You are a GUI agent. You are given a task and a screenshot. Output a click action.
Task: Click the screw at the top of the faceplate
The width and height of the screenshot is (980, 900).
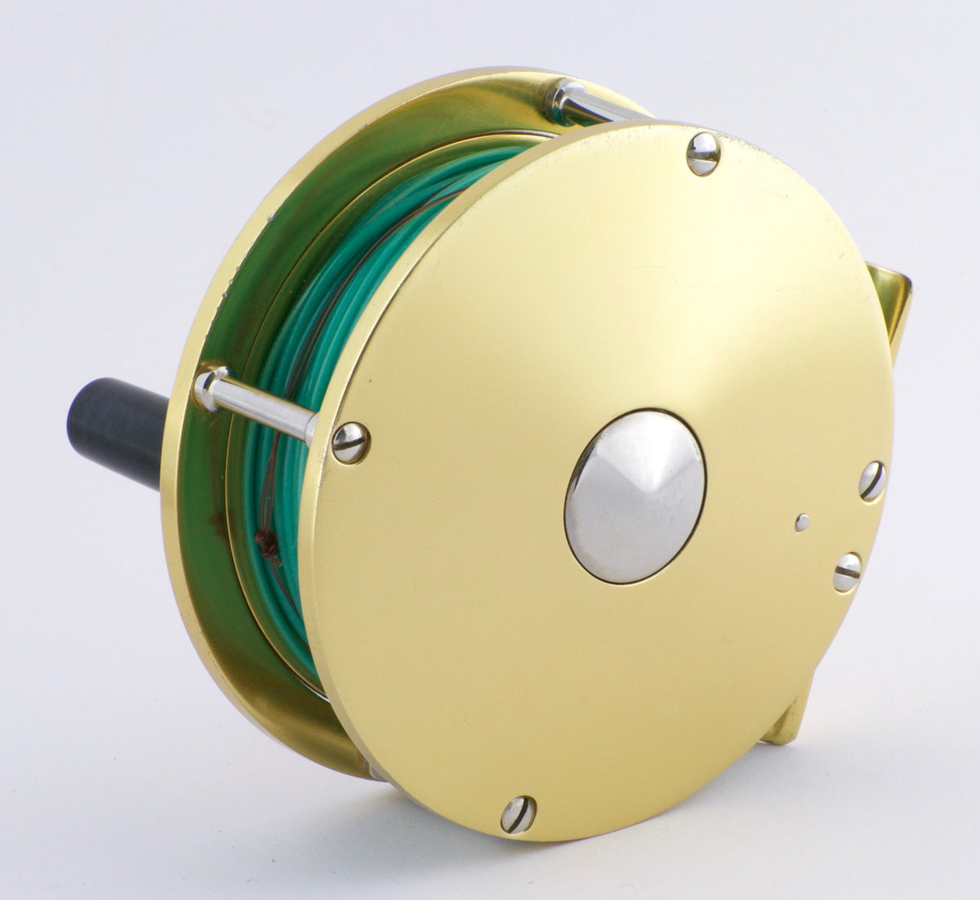pos(702,154)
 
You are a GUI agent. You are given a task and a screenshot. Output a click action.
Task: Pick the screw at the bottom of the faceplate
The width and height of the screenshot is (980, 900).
pos(518,813)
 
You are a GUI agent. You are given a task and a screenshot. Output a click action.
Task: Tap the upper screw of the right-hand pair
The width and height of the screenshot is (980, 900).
pos(871,481)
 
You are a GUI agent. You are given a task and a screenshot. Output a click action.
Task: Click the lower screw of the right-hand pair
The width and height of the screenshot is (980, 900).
pos(848,572)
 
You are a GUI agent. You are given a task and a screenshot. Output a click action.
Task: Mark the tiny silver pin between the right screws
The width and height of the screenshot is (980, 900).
pos(803,522)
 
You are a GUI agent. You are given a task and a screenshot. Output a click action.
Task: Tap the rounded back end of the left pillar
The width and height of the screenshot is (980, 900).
pos(207,387)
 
